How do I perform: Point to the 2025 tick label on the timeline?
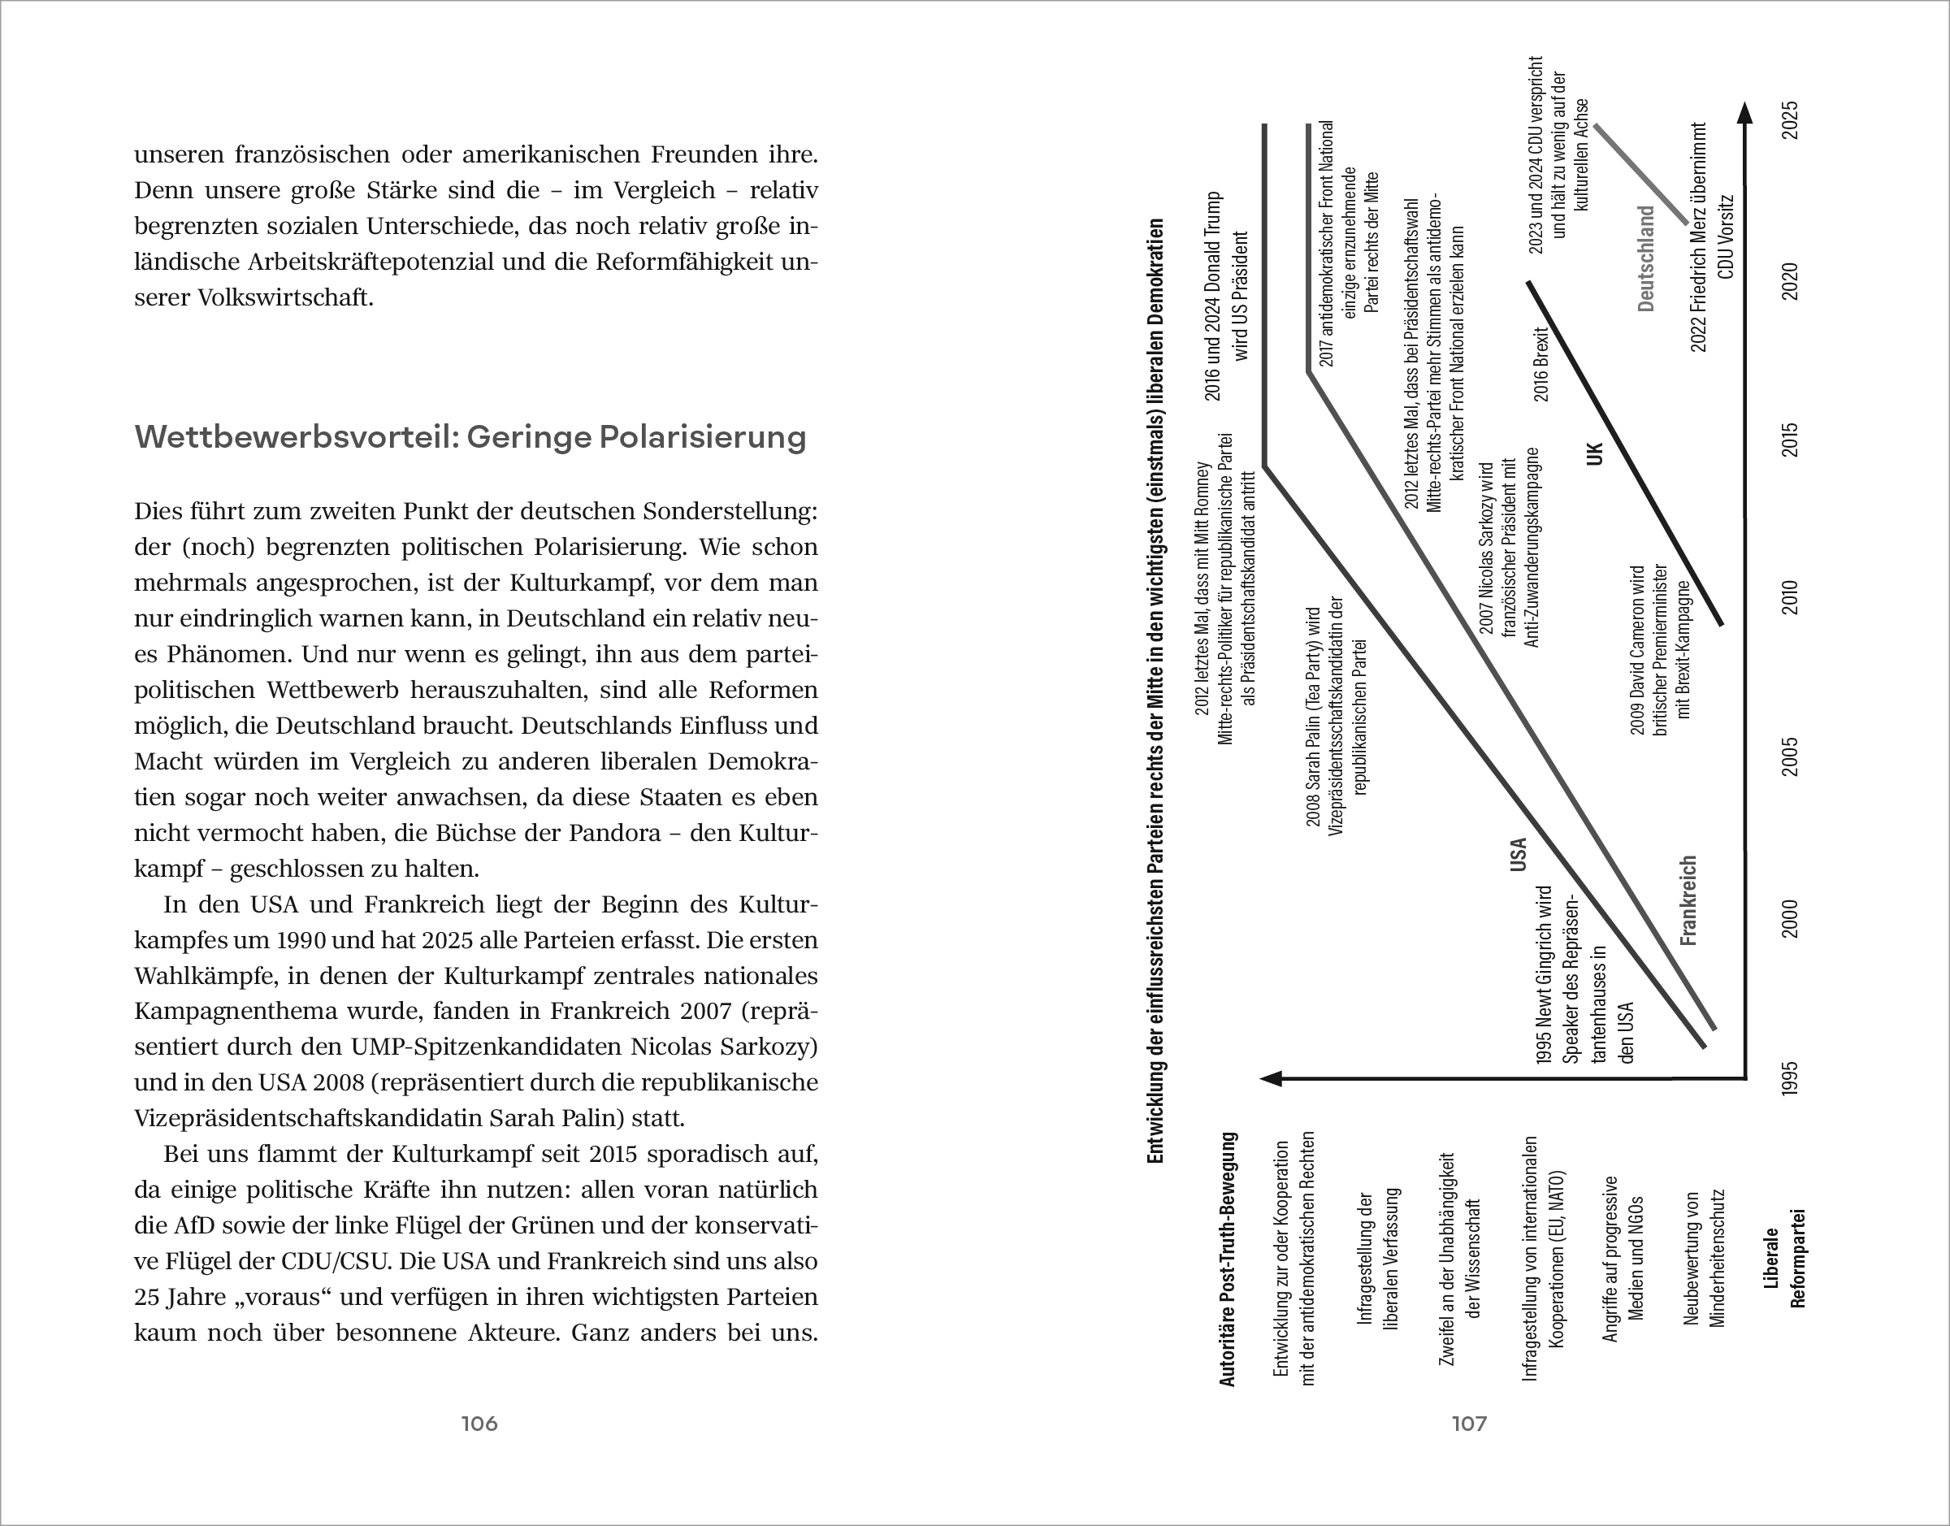coord(1790,119)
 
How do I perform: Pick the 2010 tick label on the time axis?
coord(1790,598)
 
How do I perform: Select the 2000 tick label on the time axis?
coord(1790,919)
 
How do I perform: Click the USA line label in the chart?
coord(1518,854)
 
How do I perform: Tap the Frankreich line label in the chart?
coord(1688,900)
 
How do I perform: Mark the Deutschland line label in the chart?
coord(1646,259)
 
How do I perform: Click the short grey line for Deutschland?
coord(1641,174)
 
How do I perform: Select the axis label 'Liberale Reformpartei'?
coord(1784,1258)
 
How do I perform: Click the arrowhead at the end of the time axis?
coord(1744,113)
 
